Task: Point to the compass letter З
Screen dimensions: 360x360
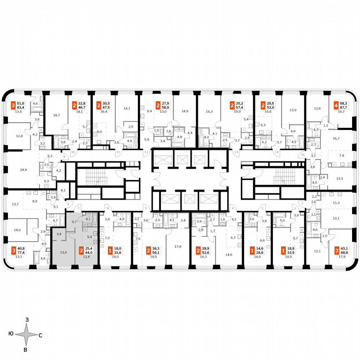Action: pos(27,320)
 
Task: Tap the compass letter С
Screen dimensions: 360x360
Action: pos(40,335)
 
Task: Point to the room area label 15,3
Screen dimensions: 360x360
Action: pos(209,111)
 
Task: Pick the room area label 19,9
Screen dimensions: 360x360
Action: pos(238,112)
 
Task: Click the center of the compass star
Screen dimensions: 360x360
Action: pos(26,335)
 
